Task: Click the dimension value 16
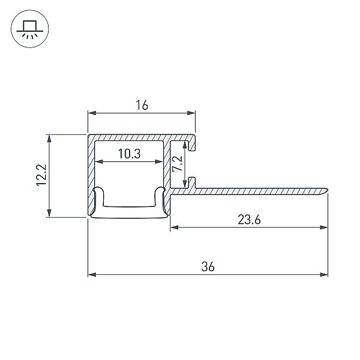(142, 105)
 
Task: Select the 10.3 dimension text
(129, 154)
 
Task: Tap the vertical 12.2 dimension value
(41, 175)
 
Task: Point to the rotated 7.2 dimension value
(178, 163)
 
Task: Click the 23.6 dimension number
(249, 220)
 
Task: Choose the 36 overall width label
(208, 267)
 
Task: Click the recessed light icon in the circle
(30, 29)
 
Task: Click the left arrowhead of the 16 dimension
(92, 113)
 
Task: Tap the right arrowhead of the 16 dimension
(191, 113)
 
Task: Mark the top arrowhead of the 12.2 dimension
(49, 139)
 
